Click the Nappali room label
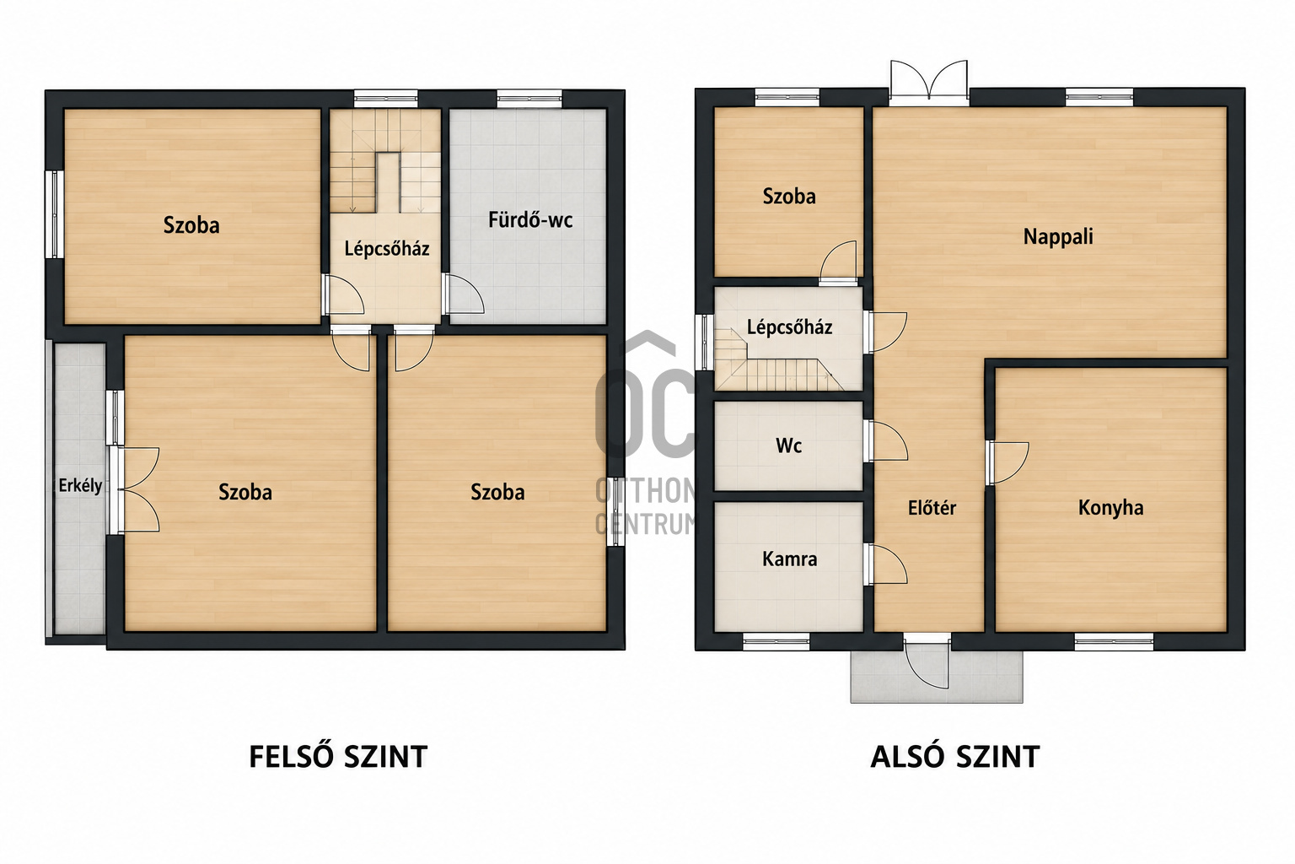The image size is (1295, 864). click(x=1058, y=237)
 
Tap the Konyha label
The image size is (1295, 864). click(x=1110, y=508)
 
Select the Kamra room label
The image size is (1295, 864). click(x=790, y=559)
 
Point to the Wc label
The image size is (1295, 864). click(x=788, y=445)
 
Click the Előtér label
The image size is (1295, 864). click(x=932, y=508)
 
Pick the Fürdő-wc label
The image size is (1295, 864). click(x=530, y=220)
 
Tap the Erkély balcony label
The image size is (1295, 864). click(x=80, y=485)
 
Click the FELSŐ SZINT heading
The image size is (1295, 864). click(x=338, y=756)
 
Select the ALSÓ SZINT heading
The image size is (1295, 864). click(x=955, y=757)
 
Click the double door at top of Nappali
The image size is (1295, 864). click(x=929, y=83)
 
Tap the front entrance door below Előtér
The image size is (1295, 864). click(x=927, y=661)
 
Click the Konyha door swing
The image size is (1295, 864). click(x=1008, y=463)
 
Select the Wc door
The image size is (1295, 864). click(x=885, y=441)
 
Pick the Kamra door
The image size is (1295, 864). click(x=885, y=564)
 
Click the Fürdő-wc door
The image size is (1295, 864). click(x=463, y=294)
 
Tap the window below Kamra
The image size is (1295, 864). click(x=776, y=642)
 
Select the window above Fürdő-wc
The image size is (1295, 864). click(x=529, y=99)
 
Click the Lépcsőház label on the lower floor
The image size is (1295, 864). click(x=790, y=327)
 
